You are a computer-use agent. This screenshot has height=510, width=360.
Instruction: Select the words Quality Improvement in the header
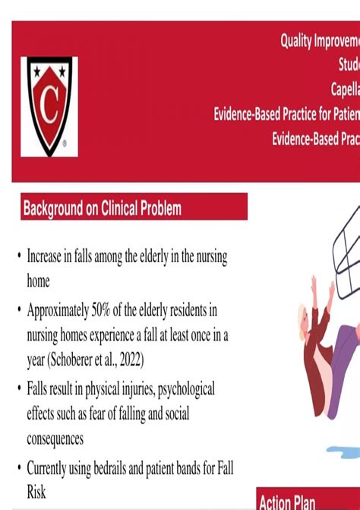(x=319, y=42)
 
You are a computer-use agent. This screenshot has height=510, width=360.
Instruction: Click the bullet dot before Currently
(x=18, y=469)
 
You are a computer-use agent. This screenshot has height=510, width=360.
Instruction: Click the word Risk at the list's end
(x=36, y=493)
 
